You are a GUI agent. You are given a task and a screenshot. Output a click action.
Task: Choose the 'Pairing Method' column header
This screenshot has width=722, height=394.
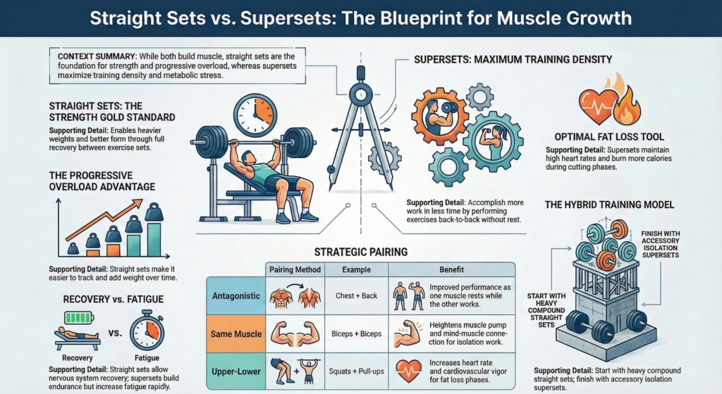295,270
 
